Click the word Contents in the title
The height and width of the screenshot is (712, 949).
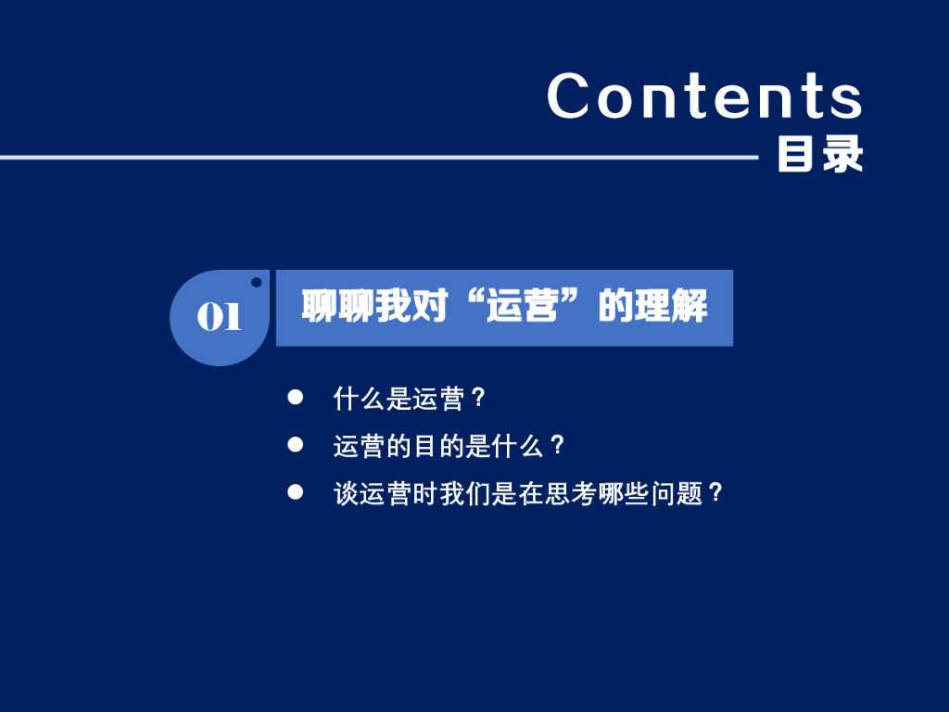pos(704,95)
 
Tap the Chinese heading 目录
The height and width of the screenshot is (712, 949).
pos(820,154)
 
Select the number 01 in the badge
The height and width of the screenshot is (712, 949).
pos(219,316)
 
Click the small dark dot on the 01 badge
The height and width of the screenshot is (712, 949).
pos(257,282)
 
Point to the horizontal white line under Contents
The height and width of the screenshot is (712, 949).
pos(379,158)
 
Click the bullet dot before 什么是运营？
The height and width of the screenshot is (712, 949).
pos(296,397)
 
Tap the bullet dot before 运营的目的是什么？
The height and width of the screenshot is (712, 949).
pos(296,445)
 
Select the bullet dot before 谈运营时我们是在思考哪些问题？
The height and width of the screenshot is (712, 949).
pos(296,491)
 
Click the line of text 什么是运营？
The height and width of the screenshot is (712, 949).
pos(409,399)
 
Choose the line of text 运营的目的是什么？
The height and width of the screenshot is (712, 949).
pos(449,446)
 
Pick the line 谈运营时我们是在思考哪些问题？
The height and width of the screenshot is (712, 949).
pos(527,493)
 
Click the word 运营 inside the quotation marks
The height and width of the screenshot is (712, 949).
pos(523,306)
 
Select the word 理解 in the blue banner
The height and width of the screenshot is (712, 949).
pos(671,306)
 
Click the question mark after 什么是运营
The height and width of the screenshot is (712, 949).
pos(478,398)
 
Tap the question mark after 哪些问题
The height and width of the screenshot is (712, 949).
pos(716,493)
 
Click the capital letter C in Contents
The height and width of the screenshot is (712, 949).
pos(568,95)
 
